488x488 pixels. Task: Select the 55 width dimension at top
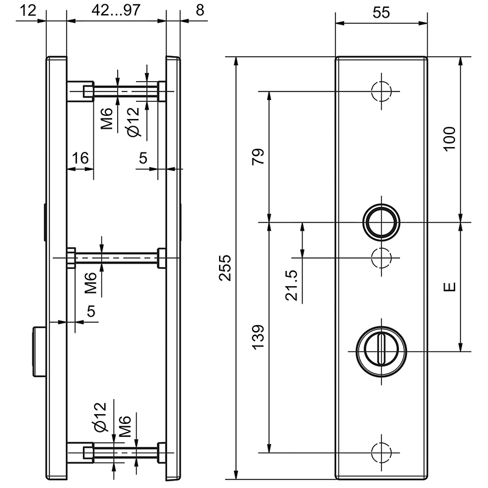(382, 12)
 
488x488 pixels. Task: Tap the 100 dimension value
(449, 140)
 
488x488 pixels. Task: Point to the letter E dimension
(450, 287)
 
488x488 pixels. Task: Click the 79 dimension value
(259, 157)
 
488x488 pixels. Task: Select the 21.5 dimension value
(292, 285)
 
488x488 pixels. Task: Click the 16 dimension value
(80, 159)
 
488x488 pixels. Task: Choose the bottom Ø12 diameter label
(101, 417)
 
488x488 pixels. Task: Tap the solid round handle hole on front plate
(382, 221)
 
